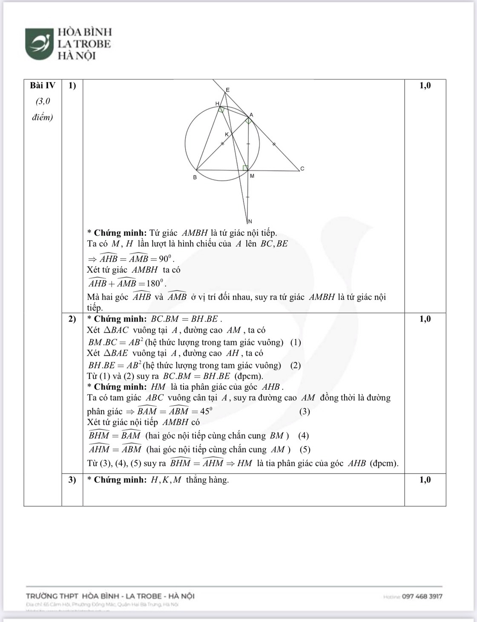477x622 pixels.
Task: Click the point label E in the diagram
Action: point(227,90)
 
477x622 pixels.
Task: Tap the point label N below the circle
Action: point(250,221)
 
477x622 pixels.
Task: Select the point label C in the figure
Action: point(302,168)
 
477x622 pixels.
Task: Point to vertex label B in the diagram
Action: point(195,177)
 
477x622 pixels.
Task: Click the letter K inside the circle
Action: point(227,134)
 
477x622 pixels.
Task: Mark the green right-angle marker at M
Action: point(245,168)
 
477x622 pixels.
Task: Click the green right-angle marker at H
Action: point(221,109)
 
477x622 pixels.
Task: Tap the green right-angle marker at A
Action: point(248,121)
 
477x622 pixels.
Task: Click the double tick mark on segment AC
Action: point(274,145)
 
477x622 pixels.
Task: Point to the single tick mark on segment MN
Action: point(248,197)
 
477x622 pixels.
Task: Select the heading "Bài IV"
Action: point(43,86)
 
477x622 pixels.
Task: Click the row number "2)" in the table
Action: point(72,319)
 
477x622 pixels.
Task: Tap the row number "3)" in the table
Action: point(72,479)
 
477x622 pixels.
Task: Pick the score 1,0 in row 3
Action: point(425,479)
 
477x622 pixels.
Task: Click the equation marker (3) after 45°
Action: point(305,411)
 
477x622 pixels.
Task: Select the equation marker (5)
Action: point(305,449)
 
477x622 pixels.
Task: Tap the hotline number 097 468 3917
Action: point(422,596)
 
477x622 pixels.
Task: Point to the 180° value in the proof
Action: point(153,283)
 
